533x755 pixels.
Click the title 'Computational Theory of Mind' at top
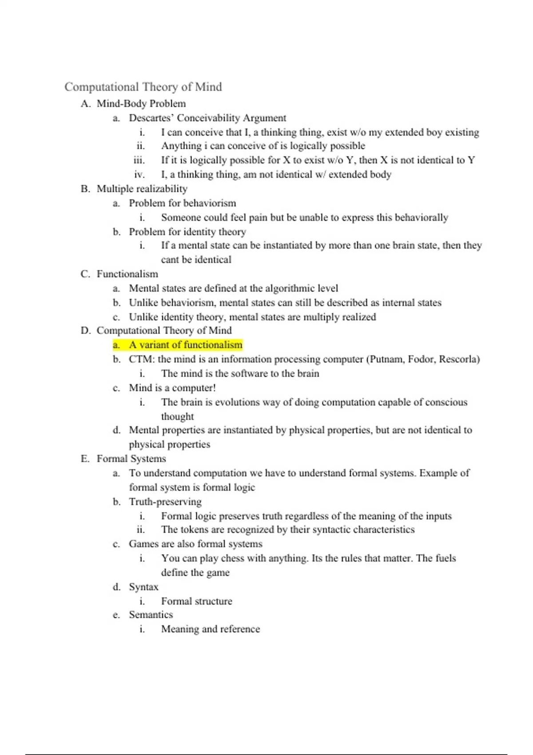point(143,87)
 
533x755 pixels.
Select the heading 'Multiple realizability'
point(142,189)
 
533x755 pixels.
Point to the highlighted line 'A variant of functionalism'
point(186,345)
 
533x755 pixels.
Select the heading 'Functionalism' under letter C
point(127,274)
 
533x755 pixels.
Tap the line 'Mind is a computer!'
point(172,388)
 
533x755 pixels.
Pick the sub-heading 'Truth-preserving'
point(165,502)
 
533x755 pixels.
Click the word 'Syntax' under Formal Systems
point(143,587)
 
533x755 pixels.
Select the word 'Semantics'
point(151,615)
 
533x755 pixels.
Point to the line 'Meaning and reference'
point(211,629)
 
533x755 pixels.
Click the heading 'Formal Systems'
point(131,459)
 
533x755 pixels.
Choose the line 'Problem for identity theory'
point(187,232)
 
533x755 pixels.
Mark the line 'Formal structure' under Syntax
point(197,601)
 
